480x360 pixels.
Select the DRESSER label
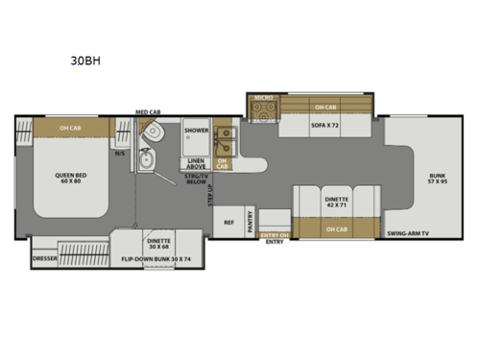click(43, 257)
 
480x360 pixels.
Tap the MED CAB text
click(147, 112)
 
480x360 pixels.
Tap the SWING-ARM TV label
click(408, 233)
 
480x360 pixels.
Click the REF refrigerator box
click(229, 222)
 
